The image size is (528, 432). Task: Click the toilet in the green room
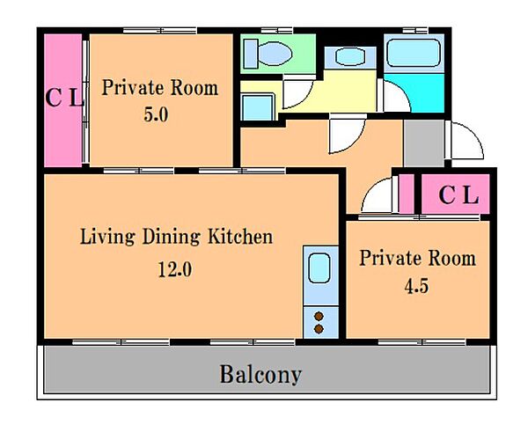(x=268, y=54)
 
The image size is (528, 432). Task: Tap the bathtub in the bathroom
(x=414, y=53)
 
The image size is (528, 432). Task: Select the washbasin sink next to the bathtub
(x=350, y=56)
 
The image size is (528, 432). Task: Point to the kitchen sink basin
(x=319, y=268)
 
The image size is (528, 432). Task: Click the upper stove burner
(x=319, y=317)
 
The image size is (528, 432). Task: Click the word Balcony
(x=260, y=374)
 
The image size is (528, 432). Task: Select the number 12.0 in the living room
(x=175, y=269)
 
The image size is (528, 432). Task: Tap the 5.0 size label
(x=156, y=114)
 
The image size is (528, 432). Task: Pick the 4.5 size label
(x=416, y=287)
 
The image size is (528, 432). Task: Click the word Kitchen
(x=240, y=237)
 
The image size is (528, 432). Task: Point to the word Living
(x=107, y=237)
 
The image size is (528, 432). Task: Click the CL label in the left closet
(x=64, y=98)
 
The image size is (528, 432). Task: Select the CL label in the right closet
(x=458, y=195)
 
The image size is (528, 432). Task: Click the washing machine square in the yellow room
(x=258, y=107)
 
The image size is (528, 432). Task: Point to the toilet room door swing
(x=298, y=93)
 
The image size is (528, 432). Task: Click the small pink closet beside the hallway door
(x=407, y=194)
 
